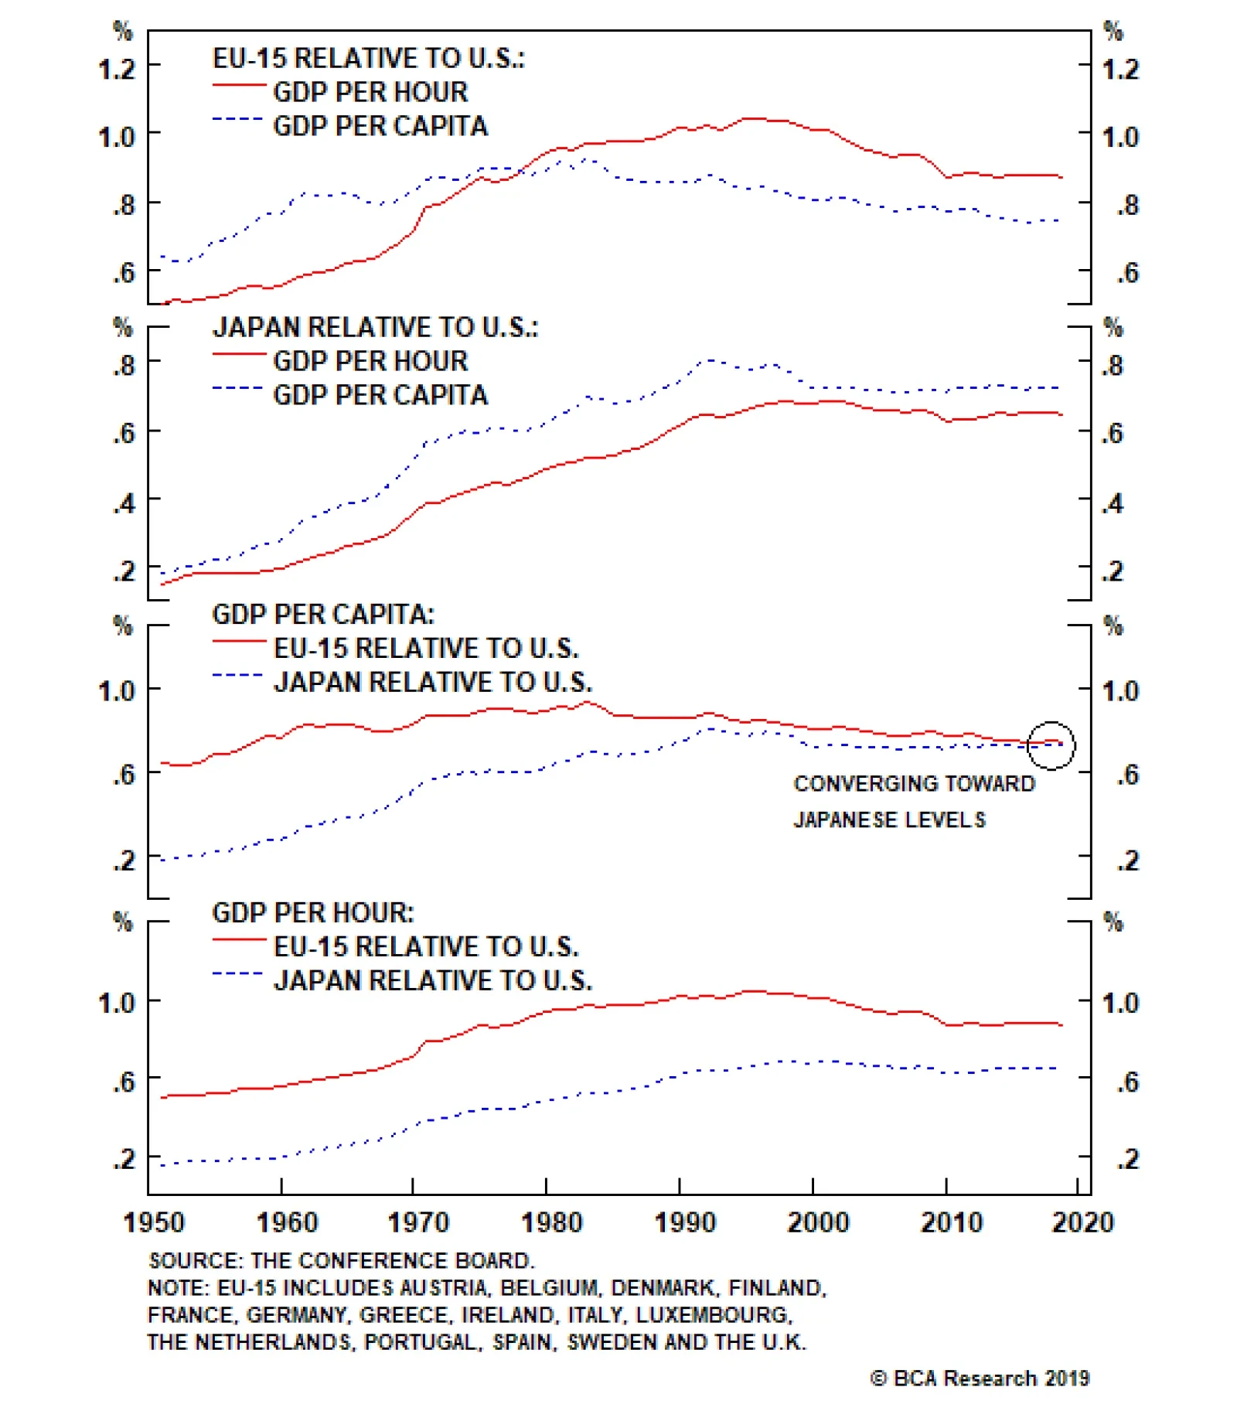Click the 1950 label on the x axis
click(154, 1222)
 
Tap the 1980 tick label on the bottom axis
click(551, 1222)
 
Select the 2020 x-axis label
click(1082, 1222)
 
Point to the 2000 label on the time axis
click(818, 1222)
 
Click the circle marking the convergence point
click(1051, 745)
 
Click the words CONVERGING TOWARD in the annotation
click(914, 783)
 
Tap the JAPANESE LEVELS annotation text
click(889, 820)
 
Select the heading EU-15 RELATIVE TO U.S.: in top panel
click(368, 58)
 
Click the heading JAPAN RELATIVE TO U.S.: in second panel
click(375, 327)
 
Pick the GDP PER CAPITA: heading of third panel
click(323, 614)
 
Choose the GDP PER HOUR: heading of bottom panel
click(312, 912)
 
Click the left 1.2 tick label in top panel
click(116, 70)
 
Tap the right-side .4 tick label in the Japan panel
click(1113, 503)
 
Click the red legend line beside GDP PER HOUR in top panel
click(239, 84)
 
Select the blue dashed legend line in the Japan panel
click(238, 387)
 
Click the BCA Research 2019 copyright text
click(980, 1378)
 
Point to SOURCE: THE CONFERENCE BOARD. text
click(341, 1260)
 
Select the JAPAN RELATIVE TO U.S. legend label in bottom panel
click(433, 980)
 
